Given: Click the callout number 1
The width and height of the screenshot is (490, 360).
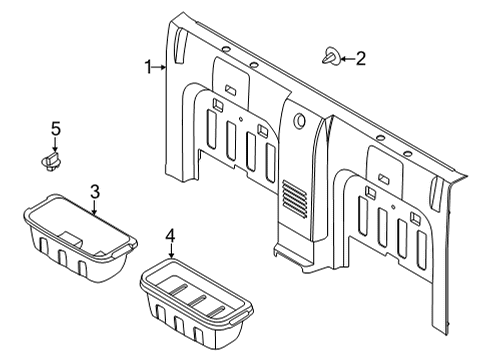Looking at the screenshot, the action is (x=149, y=67).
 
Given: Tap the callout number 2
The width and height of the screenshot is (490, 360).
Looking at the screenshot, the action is (x=361, y=58).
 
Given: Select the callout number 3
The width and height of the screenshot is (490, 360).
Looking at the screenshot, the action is (x=95, y=192).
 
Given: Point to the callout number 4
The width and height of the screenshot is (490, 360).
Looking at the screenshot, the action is (x=170, y=236).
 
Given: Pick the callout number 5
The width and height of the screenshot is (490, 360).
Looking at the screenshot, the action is (x=56, y=129).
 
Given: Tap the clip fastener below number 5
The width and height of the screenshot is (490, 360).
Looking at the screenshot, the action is (x=51, y=161).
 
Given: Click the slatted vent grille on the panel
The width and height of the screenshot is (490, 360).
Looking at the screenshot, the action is (x=295, y=199).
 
